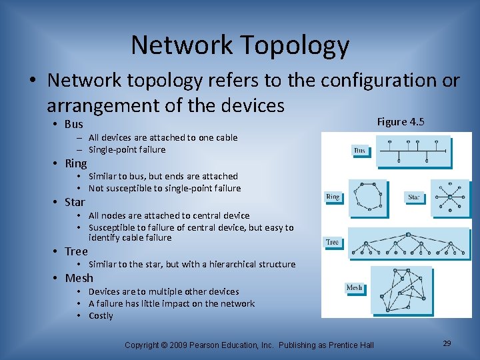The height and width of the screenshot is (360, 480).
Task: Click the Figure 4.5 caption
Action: coord(401,121)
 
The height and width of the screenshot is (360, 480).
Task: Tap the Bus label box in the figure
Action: coord(359,151)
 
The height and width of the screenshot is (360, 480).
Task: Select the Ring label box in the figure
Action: coord(333,197)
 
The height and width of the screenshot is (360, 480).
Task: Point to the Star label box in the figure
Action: coord(415,197)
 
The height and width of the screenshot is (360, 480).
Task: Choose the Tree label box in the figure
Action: coord(332,242)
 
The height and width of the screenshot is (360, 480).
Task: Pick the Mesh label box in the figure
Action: coord(354,287)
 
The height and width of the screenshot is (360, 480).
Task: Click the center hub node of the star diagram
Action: coord(450,197)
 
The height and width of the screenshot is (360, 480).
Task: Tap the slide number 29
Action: coord(447,343)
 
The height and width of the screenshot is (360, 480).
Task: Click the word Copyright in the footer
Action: coord(142,345)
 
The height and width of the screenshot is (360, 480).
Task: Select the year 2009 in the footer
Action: coord(180,345)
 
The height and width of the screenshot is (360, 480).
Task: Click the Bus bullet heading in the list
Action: coord(74,124)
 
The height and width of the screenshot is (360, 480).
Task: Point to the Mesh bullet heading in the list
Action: coord(79,278)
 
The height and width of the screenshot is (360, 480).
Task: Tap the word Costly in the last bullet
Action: coord(101,316)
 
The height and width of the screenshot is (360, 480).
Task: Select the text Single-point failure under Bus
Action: coord(127,149)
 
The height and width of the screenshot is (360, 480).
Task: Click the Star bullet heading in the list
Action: coord(75,202)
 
